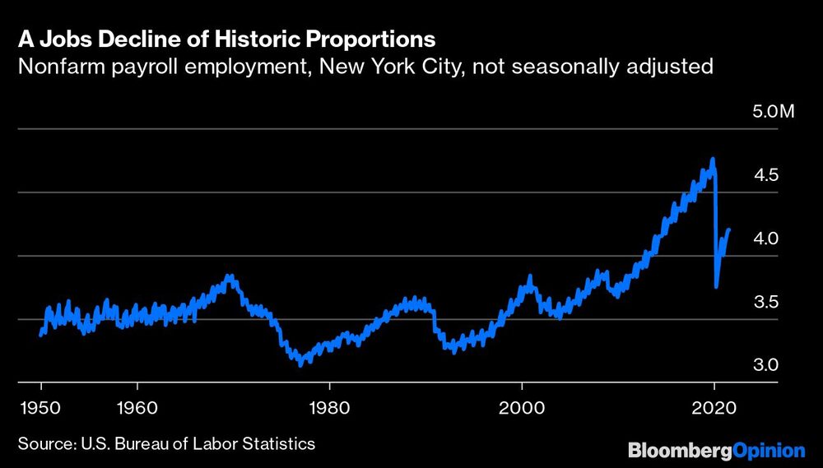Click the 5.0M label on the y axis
[x=774, y=112]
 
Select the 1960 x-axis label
[x=137, y=406]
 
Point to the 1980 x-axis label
[x=329, y=406]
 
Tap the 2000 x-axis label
[x=522, y=406]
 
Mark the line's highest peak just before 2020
[x=712, y=160]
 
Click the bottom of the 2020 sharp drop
[x=717, y=286]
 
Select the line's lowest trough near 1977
[x=300, y=363]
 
